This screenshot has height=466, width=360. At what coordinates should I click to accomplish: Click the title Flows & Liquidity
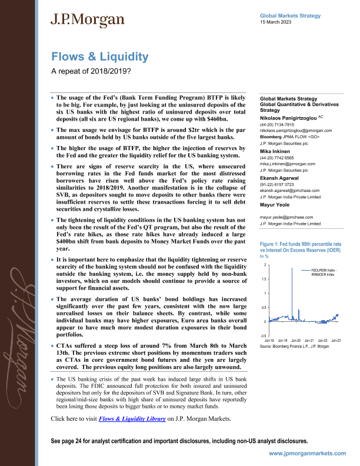click(x=99, y=57)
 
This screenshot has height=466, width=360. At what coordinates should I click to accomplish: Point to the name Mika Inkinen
click(x=277, y=151)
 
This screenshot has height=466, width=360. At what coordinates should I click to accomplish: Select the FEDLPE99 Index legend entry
click(x=322, y=269)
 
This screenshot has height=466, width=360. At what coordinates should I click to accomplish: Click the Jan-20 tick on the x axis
click(x=296, y=341)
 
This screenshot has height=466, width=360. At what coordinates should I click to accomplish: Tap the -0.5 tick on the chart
click(x=262, y=335)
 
